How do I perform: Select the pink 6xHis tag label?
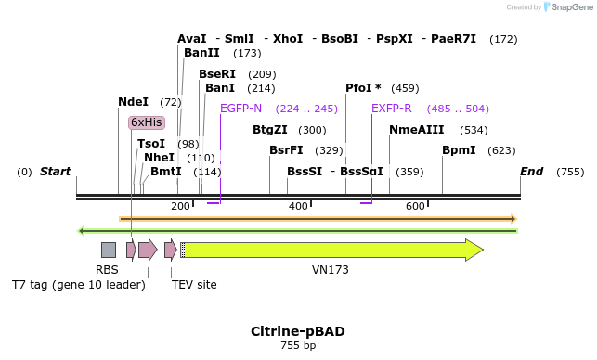point(147,122)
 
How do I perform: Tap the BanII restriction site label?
point(201,53)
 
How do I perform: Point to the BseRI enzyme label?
point(217,74)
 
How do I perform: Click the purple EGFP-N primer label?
point(240,109)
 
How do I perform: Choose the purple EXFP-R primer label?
point(392,109)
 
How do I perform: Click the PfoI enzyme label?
point(363,88)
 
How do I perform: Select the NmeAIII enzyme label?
point(417,130)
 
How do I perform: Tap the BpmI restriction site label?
point(459,150)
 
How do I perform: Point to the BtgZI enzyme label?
point(270,130)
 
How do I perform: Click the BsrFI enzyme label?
point(286,150)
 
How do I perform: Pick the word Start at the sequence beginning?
point(55,172)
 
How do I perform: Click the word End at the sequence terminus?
point(532,172)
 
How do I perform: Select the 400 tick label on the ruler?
point(298,206)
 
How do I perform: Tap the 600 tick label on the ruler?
point(415,206)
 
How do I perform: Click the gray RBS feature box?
point(109,250)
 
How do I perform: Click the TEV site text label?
point(194,285)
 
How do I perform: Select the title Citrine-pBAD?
point(298,331)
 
